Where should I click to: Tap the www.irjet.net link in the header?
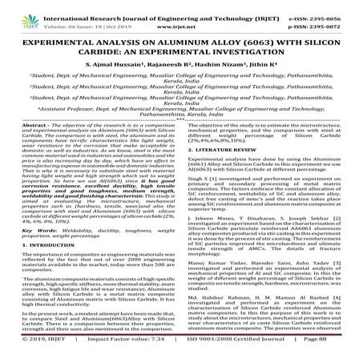[181, 16]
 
